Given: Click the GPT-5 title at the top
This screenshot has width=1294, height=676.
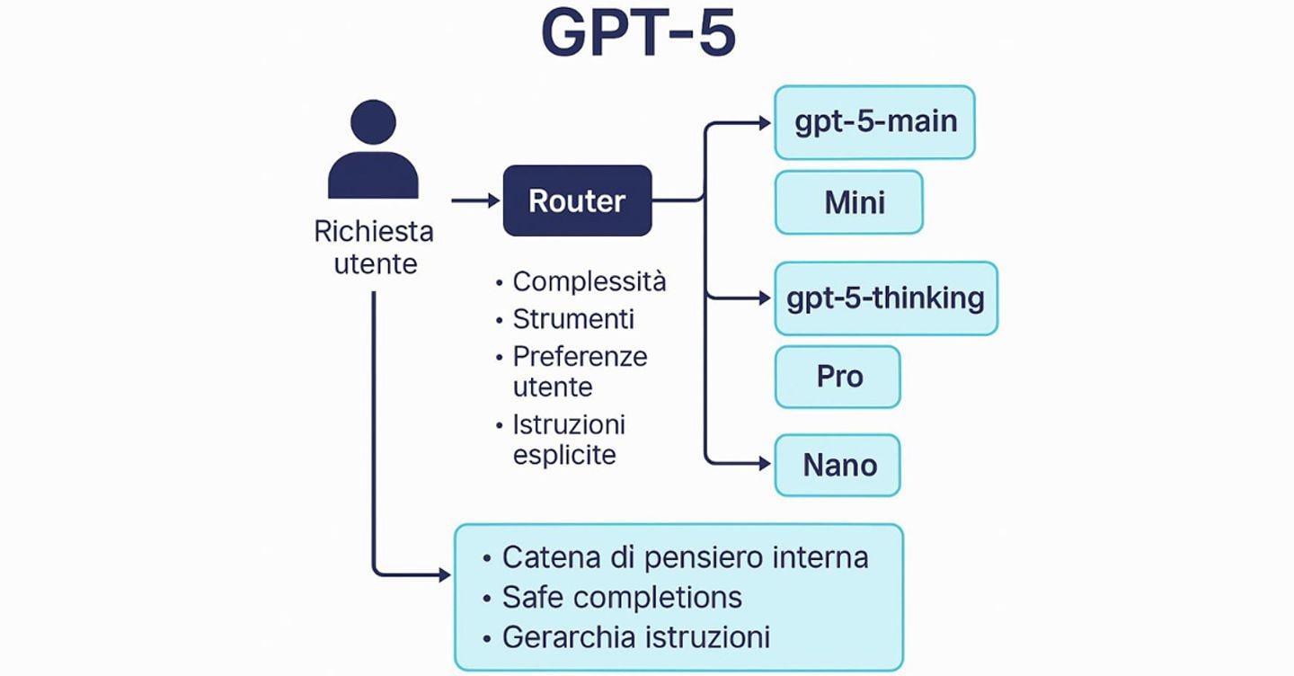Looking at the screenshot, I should tap(639, 34).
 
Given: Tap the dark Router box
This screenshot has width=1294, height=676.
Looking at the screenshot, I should tap(577, 200).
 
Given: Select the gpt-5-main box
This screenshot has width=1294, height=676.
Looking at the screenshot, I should tap(874, 122).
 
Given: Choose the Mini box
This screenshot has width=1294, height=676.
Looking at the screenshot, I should tap(848, 202).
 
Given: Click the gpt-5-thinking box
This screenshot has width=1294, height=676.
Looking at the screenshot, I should tap(885, 298).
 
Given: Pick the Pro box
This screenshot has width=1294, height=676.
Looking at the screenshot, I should tap(838, 377).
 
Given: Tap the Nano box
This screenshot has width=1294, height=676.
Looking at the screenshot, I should tap(838, 466).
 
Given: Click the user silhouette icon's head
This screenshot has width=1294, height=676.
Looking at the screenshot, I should tap(373, 121).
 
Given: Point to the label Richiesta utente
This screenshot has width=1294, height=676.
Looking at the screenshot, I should tap(374, 247).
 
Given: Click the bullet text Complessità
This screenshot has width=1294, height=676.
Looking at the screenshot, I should tap(589, 281).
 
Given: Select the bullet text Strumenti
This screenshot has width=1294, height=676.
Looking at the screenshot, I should tap(573, 319).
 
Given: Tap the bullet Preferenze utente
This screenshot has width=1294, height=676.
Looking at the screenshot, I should tap(579, 371).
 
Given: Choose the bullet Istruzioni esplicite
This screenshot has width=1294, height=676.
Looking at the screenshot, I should tap(568, 439).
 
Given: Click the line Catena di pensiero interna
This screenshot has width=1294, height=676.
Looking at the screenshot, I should tap(685, 557).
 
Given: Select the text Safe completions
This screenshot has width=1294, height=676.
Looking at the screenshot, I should tap(622, 597).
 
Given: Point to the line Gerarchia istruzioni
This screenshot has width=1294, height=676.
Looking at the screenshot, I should tap(635, 637).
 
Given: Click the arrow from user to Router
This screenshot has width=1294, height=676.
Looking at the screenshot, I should tap(475, 200).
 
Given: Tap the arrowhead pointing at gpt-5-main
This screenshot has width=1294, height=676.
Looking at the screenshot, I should tap(764, 123).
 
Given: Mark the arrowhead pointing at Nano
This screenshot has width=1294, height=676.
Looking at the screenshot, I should tap(764, 464).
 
